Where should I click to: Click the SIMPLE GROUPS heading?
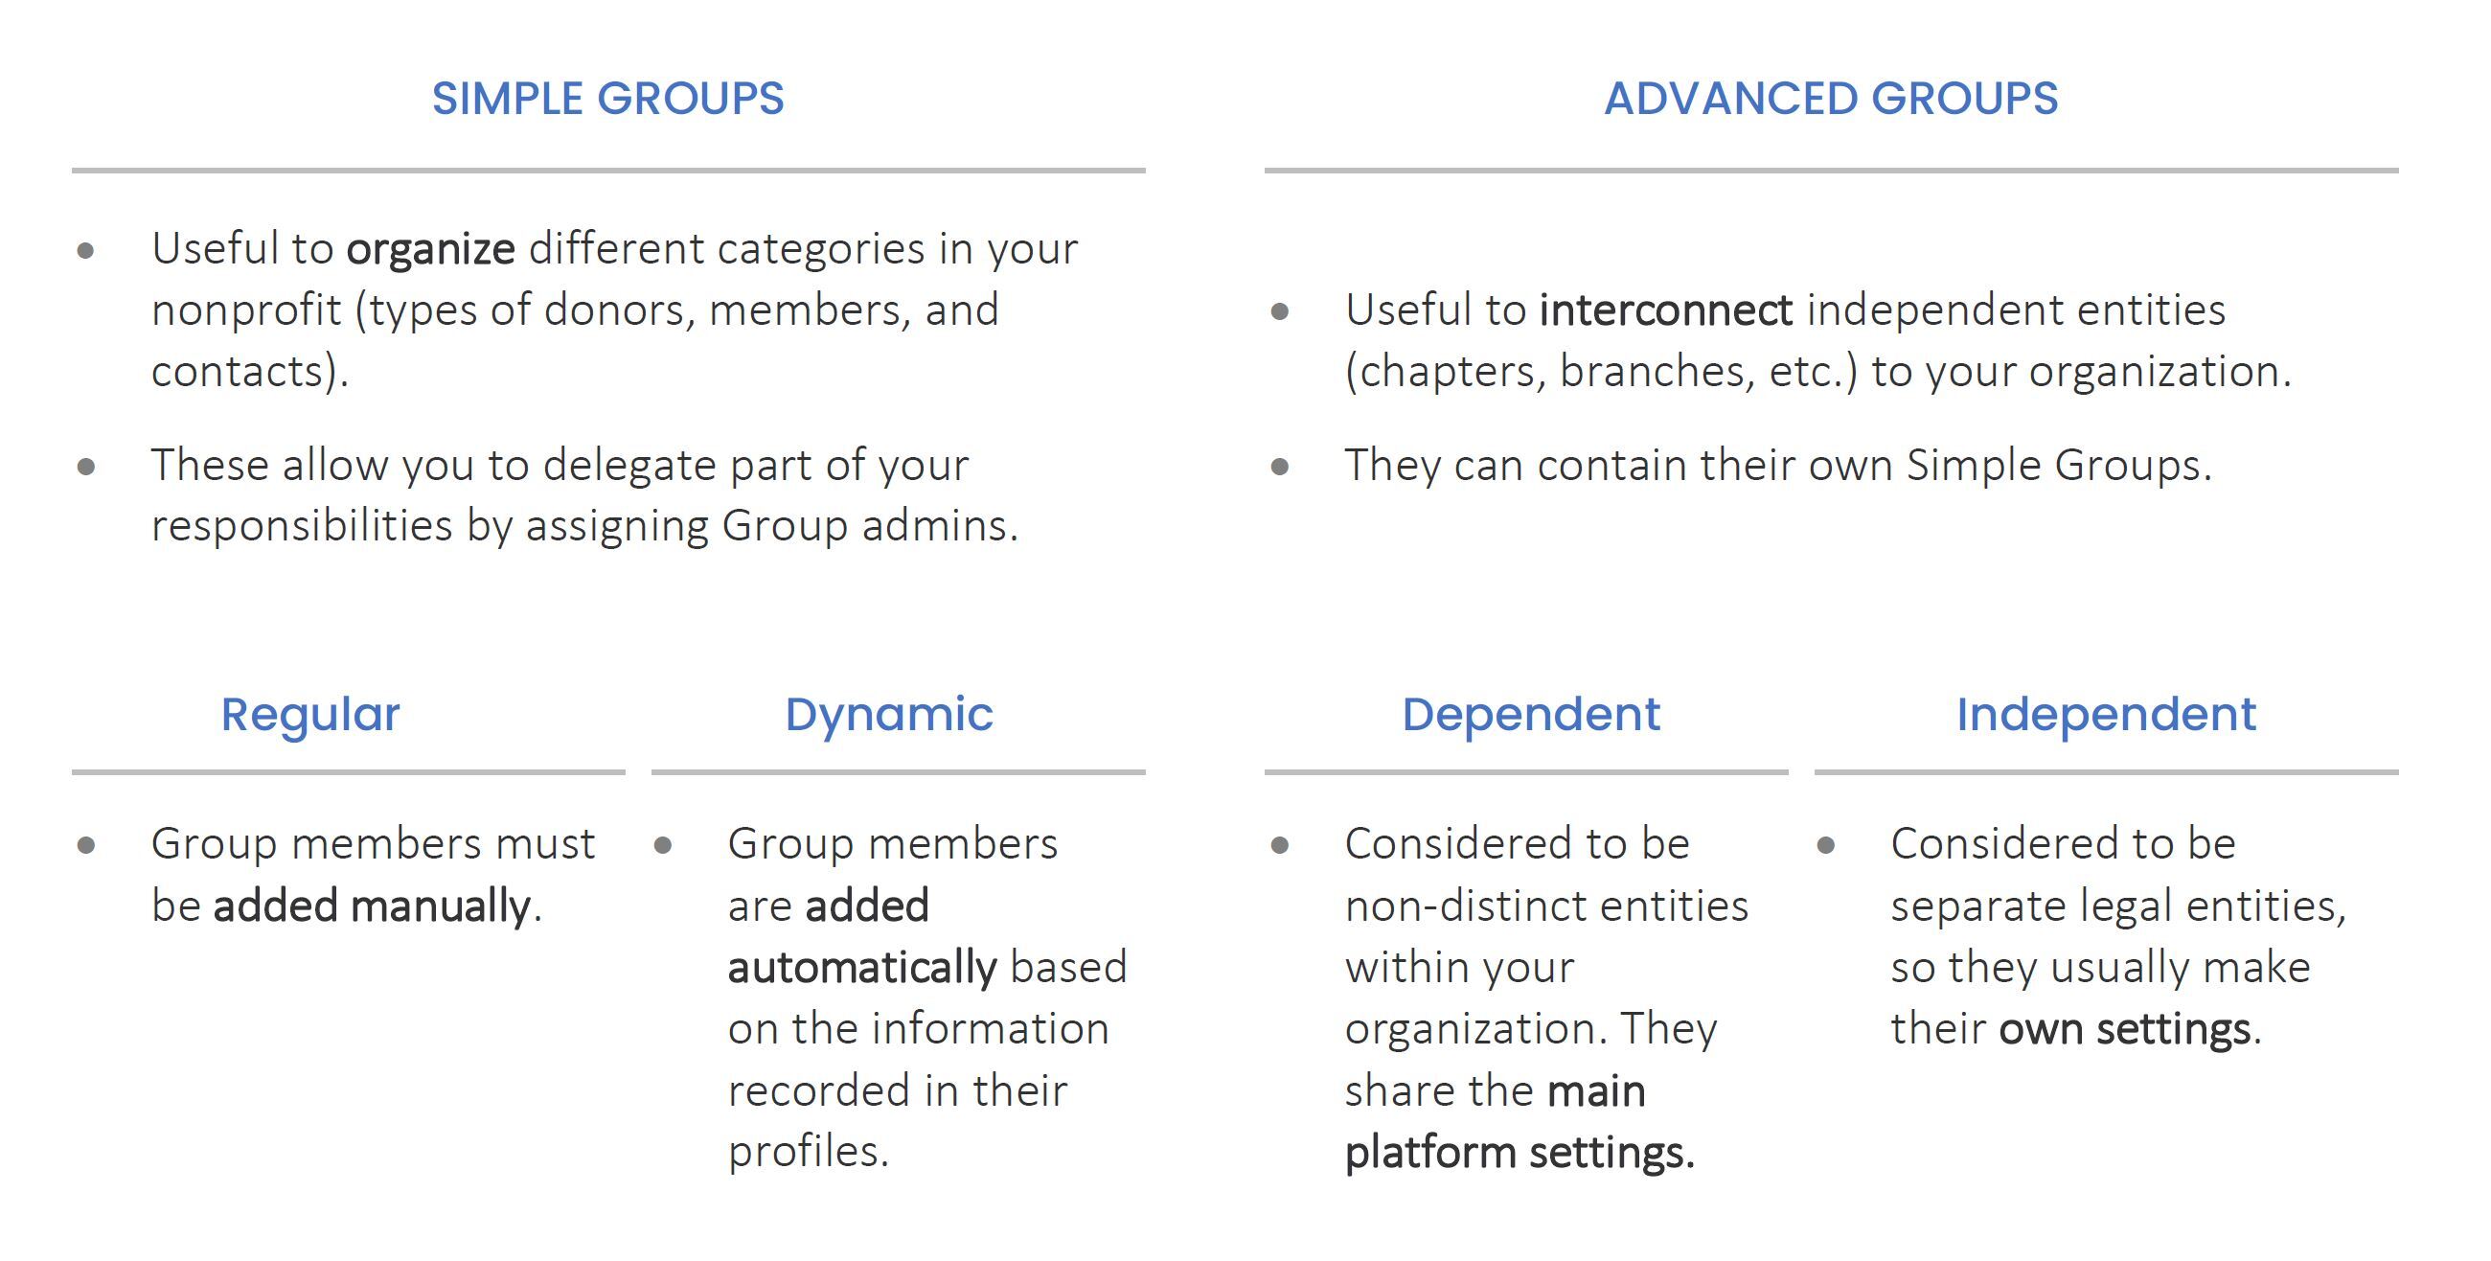point(607,99)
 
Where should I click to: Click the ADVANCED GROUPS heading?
point(1831,99)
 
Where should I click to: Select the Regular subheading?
point(310,716)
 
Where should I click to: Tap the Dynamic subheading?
point(889,716)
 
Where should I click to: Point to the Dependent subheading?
point(1531,716)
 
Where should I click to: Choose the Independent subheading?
point(2106,716)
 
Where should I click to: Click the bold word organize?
point(430,250)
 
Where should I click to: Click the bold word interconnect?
point(1666,310)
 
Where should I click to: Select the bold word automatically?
point(861,968)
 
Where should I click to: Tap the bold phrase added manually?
point(372,907)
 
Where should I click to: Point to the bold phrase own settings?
point(2124,1030)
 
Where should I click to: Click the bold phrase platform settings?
point(1520,1153)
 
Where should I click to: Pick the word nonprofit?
point(246,311)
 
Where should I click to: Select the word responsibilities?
point(302,526)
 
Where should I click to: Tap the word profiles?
point(808,1153)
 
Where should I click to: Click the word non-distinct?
point(1451,907)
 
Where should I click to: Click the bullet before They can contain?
point(1279,467)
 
